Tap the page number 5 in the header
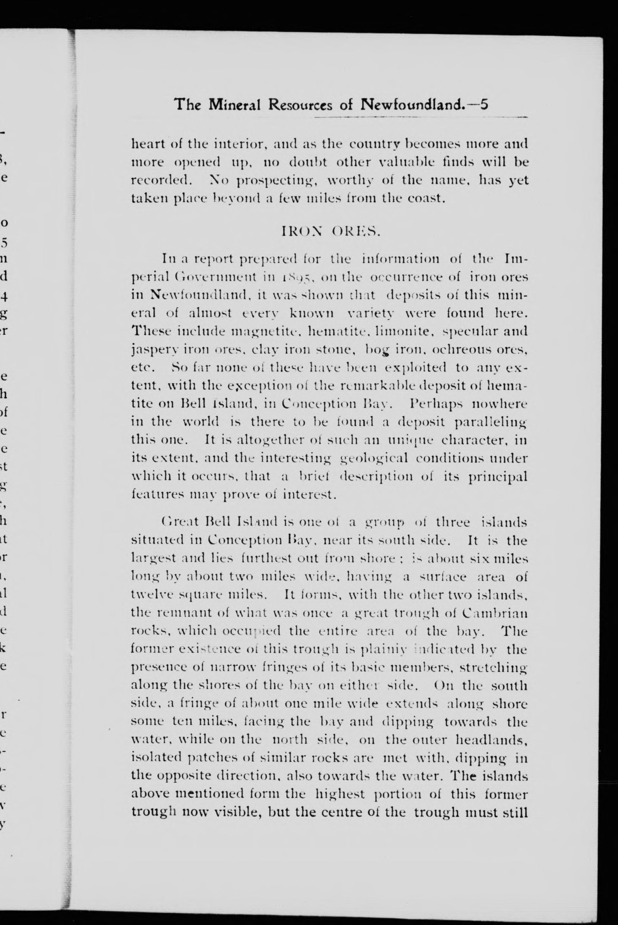point(484,105)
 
